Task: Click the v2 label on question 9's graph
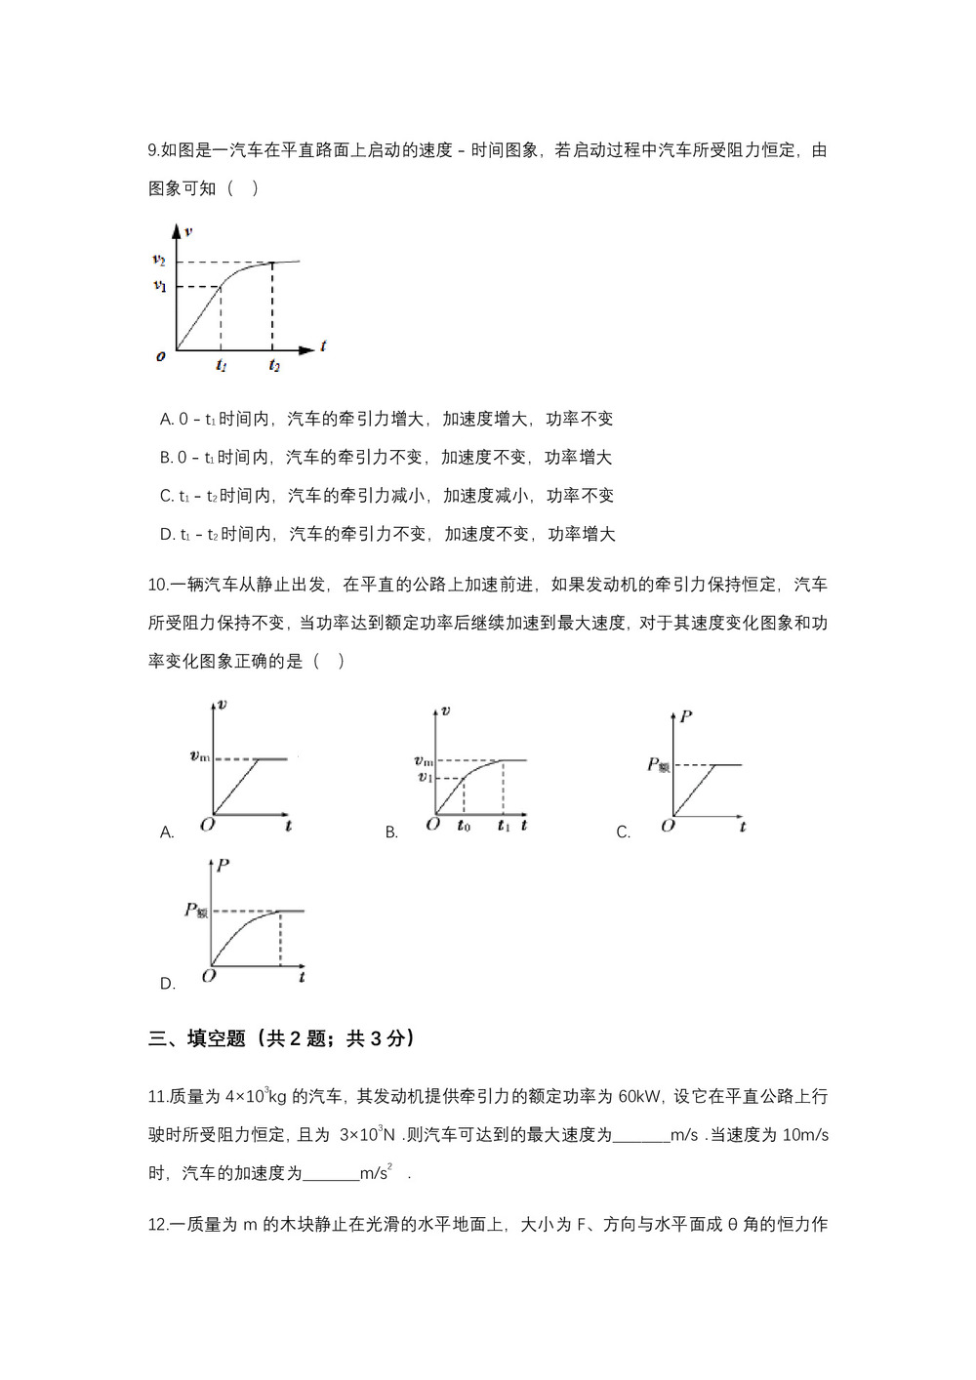[x=158, y=260]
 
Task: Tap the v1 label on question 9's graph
[x=159, y=286]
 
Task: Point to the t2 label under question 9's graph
[x=274, y=366]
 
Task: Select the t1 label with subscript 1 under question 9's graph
[x=222, y=366]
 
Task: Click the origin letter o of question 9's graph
[x=161, y=356]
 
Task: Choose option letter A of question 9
[x=165, y=419]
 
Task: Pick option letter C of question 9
[x=165, y=496]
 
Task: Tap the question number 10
[x=157, y=585]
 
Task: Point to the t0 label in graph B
[x=464, y=826]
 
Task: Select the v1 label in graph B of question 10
[x=425, y=777]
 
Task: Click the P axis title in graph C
[x=686, y=717]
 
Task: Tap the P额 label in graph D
[x=195, y=911]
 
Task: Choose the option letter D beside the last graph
[x=166, y=984]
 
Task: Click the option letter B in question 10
[x=390, y=832]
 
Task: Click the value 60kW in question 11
[x=640, y=1096]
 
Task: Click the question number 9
[x=153, y=150]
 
